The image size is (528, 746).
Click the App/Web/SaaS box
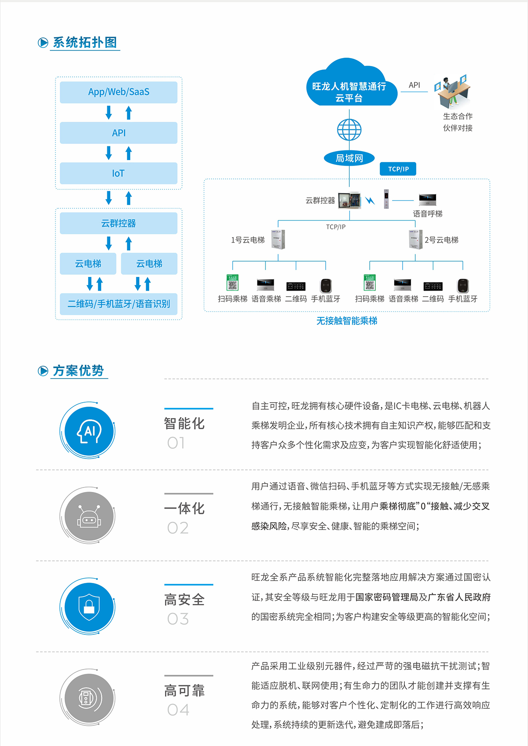click(x=118, y=92)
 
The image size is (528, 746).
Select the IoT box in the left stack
click(x=118, y=173)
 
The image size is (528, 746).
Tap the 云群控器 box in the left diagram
click(x=118, y=223)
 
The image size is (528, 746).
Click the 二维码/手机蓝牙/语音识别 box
click(x=118, y=304)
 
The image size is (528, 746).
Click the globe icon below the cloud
click(x=349, y=130)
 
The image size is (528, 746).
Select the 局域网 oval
click(x=349, y=158)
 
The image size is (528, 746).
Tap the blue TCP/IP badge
click(x=398, y=169)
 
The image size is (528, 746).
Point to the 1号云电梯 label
click(x=248, y=240)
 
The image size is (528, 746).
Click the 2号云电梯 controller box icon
click(x=416, y=239)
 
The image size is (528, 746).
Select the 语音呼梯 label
click(x=428, y=214)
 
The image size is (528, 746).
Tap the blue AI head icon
click(x=89, y=431)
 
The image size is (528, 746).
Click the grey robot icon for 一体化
click(x=89, y=516)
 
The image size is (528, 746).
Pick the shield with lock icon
click(x=89, y=607)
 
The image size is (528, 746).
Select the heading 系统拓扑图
click(x=84, y=43)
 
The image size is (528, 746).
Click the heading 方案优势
click(x=78, y=371)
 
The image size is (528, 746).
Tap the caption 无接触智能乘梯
click(x=347, y=321)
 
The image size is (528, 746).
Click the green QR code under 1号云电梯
click(x=232, y=282)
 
